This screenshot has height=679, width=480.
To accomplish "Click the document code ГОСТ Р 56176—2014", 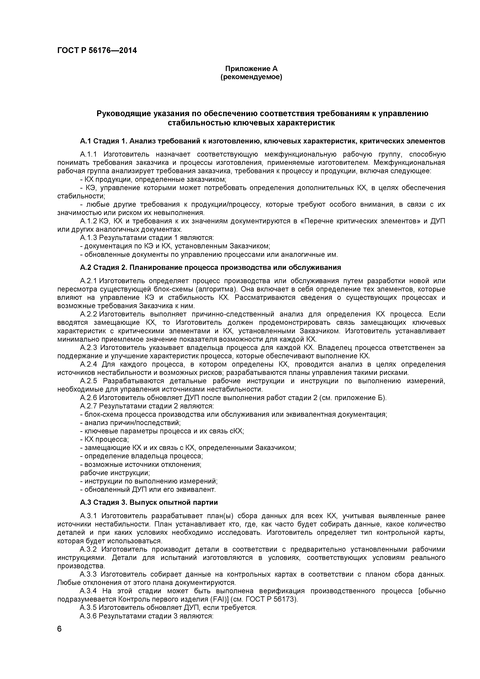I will (x=97, y=51).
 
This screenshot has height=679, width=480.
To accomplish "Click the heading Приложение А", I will (x=251, y=69).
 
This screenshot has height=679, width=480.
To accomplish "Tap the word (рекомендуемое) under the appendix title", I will (x=251, y=77).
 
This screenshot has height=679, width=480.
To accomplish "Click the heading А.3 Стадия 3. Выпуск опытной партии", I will (x=149, y=502).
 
